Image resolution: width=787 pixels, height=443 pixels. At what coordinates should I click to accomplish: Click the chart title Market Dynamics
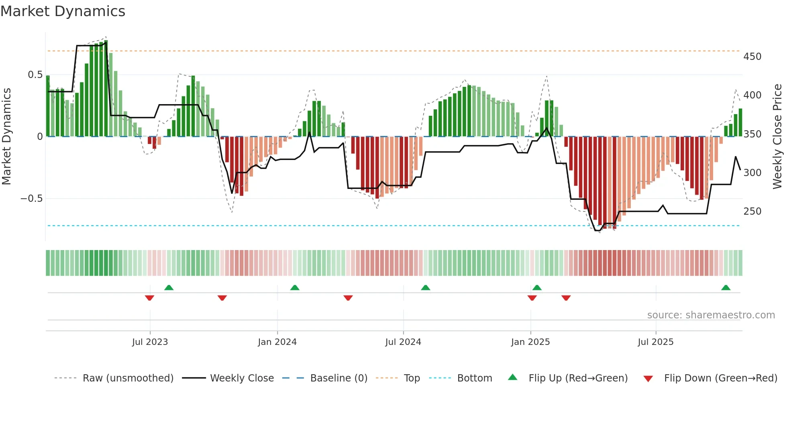click(x=63, y=11)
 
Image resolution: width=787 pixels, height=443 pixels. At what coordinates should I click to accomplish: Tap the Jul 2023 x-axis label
click(x=150, y=342)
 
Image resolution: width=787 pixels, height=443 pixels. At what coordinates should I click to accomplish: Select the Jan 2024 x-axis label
click(x=277, y=342)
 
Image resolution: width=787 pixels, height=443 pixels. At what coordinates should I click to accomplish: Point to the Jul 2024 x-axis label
click(x=403, y=342)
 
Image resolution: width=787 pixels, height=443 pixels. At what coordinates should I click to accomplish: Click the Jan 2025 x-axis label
click(x=530, y=342)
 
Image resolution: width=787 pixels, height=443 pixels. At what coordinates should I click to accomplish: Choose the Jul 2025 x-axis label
click(x=655, y=342)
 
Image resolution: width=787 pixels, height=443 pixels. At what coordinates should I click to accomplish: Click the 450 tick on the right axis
click(x=752, y=57)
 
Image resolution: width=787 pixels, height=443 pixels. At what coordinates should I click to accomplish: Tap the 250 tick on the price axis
click(x=752, y=211)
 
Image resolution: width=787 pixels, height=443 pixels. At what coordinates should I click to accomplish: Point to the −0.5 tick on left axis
click(x=31, y=199)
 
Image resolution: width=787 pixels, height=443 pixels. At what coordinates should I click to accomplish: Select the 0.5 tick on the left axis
click(x=35, y=75)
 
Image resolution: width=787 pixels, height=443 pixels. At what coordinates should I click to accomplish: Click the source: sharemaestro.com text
click(x=711, y=315)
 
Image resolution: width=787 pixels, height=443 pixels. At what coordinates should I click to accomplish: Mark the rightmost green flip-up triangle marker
click(x=726, y=288)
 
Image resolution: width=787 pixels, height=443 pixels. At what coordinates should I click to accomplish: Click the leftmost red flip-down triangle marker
click(x=149, y=298)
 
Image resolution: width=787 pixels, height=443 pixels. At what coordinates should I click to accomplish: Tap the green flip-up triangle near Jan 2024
click(x=295, y=288)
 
